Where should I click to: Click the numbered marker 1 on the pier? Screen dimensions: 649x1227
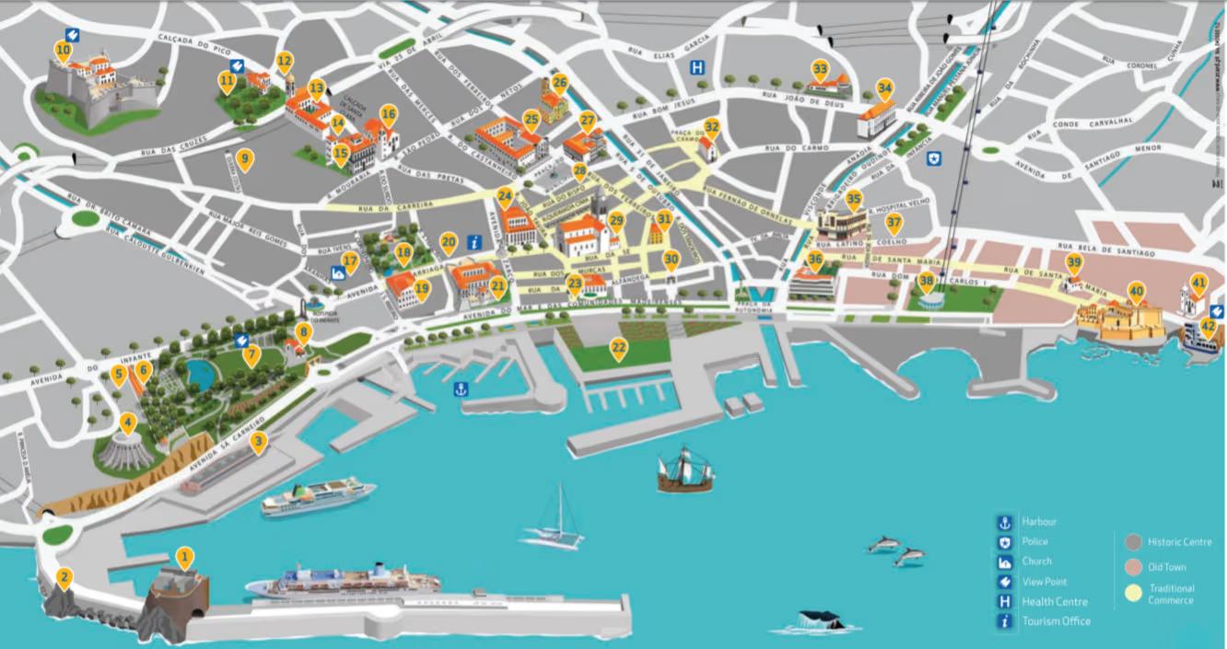185,557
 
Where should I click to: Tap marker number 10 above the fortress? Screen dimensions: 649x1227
63,50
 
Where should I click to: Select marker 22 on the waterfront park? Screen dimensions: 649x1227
619,348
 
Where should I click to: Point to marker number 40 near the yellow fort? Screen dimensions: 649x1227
1136,291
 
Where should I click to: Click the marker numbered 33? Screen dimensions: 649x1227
820,69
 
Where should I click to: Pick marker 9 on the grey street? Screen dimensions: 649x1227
244,159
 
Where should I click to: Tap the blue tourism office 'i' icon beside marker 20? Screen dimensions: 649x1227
474,243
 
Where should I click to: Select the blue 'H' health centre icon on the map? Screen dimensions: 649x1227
700,67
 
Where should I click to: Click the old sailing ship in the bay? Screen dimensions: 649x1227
685,469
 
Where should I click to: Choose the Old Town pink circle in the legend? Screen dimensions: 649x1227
1133,567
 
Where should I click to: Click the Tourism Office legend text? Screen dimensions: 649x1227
1056,621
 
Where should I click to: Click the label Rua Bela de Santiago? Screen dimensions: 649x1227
1105,251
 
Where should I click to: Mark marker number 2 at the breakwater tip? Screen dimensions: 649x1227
64,578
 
